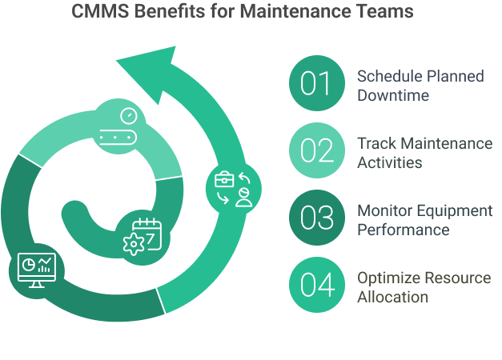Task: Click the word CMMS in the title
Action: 94,13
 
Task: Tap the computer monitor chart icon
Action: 38,271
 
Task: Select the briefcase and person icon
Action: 233,189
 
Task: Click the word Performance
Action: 404,230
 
